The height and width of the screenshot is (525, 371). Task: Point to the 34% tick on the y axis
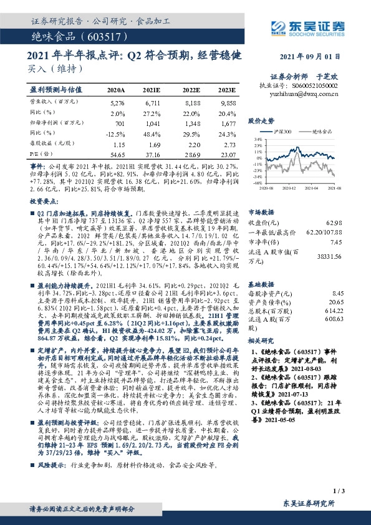pos(258,140)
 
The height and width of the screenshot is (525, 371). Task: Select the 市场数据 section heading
pos(261,211)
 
